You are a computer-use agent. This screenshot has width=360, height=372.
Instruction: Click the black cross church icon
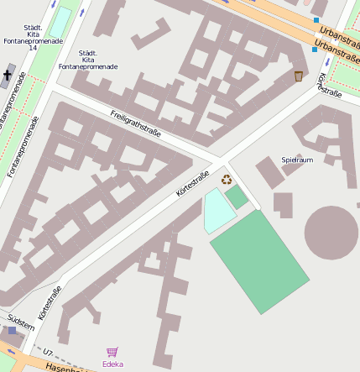[8, 76]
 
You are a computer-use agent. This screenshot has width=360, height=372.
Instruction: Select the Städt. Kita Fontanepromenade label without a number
[87, 59]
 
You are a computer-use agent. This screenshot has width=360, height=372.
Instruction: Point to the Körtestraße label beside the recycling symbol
[192, 185]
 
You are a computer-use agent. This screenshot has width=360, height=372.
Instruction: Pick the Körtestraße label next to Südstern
[50, 304]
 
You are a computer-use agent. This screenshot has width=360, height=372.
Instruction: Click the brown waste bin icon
[298, 76]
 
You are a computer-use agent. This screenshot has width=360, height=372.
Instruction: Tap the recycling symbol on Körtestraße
[226, 178]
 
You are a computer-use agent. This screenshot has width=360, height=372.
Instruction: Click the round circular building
[332, 233]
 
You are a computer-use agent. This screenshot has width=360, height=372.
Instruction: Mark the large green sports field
[259, 261]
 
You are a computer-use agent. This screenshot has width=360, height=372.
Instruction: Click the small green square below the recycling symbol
[237, 197]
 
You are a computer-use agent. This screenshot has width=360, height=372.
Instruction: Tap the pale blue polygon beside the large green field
[217, 211]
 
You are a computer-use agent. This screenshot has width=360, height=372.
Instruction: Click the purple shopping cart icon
[112, 352]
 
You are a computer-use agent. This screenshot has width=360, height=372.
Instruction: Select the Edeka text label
[112, 364]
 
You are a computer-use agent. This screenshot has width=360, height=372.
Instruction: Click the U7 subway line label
[48, 352]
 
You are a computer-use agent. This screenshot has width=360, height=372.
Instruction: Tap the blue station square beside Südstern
[12, 331]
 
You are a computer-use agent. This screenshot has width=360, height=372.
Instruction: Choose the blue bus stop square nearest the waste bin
[314, 50]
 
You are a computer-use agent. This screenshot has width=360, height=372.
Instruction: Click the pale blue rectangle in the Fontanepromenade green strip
[62, 21]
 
